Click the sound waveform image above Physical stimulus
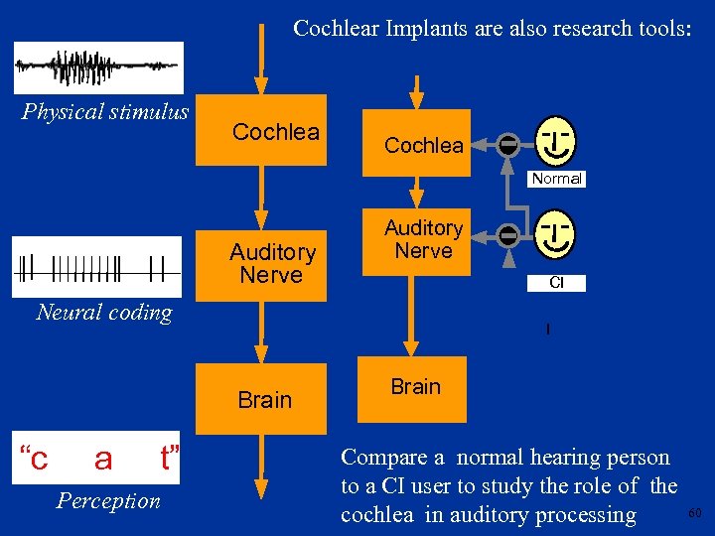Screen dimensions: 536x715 pyautogui.click(x=98, y=67)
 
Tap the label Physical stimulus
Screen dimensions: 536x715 pyautogui.click(x=105, y=110)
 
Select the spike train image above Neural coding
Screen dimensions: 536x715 pyautogui.click(x=97, y=266)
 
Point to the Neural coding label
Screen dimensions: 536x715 pyautogui.click(x=104, y=312)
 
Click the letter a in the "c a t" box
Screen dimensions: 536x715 pyautogui.click(x=103, y=460)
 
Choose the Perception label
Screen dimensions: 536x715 pyautogui.click(x=108, y=500)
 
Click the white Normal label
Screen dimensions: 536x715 pyautogui.click(x=556, y=179)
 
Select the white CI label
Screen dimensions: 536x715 pyautogui.click(x=556, y=283)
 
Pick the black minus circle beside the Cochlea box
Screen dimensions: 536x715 pyautogui.click(x=507, y=145)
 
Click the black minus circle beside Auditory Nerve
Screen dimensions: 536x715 pyautogui.click(x=507, y=235)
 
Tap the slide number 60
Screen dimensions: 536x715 pyautogui.click(x=694, y=513)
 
